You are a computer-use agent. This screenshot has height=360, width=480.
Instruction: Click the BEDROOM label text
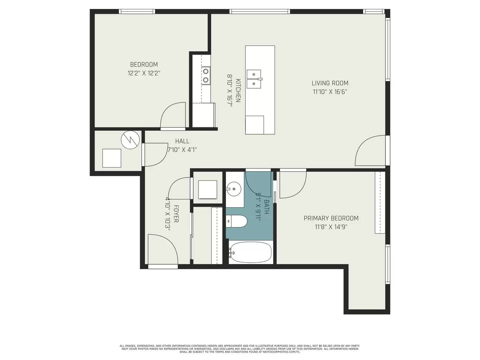coord(144,65)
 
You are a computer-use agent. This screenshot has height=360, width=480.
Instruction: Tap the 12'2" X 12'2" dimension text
coord(144,73)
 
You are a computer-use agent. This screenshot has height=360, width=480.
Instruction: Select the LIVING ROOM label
coord(330,83)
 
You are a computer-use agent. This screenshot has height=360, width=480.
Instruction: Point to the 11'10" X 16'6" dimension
coord(330,92)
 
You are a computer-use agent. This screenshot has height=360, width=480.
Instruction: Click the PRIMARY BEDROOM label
coord(331,218)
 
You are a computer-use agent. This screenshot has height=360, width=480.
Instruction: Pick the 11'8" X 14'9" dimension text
coord(331,227)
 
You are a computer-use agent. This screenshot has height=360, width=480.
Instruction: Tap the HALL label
coord(182,141)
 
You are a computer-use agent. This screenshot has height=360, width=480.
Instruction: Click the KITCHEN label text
coord(238,90)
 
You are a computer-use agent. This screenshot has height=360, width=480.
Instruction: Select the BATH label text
coord(266,207)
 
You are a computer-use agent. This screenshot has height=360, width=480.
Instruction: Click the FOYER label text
coord(176,214)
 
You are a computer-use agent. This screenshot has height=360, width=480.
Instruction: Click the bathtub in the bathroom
coord(250,252)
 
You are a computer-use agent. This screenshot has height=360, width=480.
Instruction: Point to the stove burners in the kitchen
coord(206,75)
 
